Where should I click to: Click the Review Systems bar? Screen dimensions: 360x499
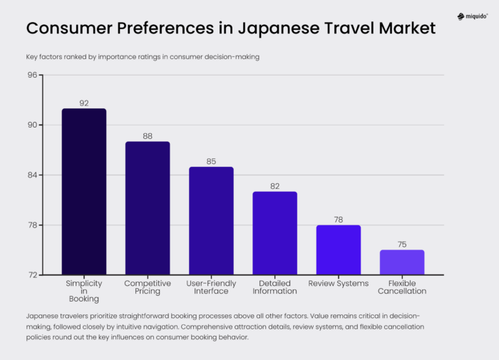coord(339,250)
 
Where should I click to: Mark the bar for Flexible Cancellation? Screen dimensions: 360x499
coord(402,262)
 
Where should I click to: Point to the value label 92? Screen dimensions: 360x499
coord(84,103)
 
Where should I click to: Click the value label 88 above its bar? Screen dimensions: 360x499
coord(148,136)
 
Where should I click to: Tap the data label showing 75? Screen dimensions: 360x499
coord(402,245)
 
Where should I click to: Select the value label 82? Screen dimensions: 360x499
coord(274,186)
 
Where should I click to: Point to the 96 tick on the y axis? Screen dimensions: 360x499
coord(32,75)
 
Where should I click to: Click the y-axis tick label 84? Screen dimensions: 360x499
coord(32,175)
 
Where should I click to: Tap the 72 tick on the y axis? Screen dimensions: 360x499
coord(32,275)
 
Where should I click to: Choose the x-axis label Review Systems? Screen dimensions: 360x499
coord(339,284)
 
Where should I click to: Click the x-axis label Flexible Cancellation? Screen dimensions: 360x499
coord(402,287)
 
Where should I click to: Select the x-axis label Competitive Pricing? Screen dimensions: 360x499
coord(148,287)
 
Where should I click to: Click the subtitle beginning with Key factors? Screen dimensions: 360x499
coord(143,56)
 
